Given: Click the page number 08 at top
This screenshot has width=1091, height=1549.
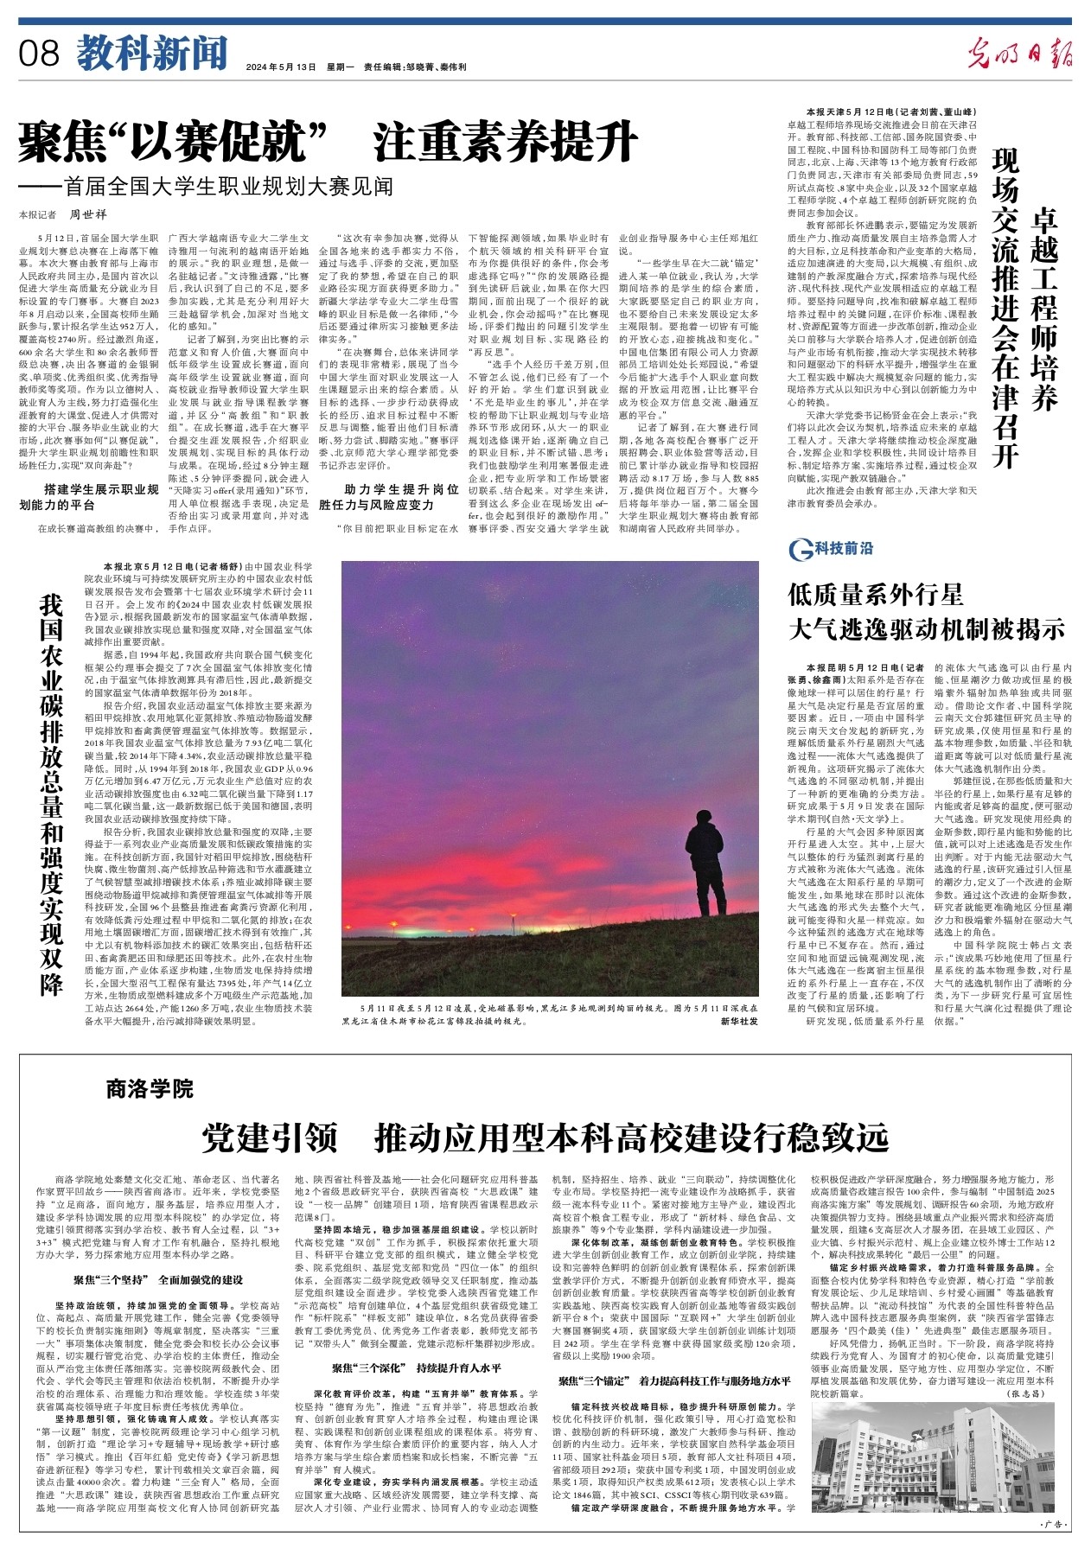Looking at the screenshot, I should [x=39, y=54].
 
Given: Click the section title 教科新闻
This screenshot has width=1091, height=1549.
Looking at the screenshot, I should [x=151, y=54].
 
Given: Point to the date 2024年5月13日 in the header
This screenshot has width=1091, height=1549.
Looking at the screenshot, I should [x=281, y=67].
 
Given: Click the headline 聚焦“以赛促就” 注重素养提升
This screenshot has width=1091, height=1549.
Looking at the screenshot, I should [x=329, y=142].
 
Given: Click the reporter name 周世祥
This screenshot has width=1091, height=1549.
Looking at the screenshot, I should [x=87, y=214].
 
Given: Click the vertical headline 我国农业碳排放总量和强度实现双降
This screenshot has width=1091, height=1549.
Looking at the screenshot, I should [x=51, y=794].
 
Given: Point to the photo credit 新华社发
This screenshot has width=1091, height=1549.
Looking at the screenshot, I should [x=738, y=1021].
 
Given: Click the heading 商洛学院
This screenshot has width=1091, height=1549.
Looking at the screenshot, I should [x=150, y=1088].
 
